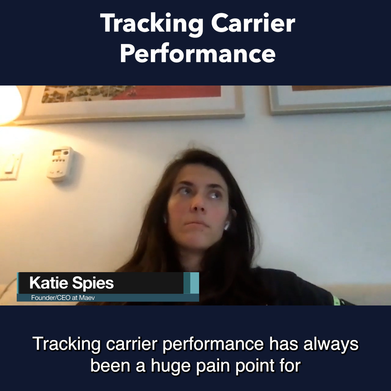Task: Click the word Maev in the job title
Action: pos(87,298)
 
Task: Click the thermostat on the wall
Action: pos(60,163)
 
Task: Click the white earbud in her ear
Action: pos(227,225)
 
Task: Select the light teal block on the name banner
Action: pos(195,283)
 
